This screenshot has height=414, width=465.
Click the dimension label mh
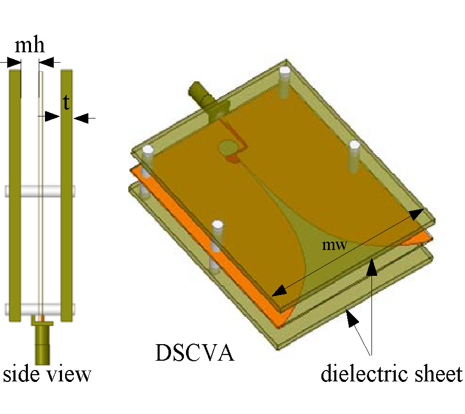(x=29, y=46)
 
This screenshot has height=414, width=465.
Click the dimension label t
(x=66, y=103)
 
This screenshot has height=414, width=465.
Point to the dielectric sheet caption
(x=391, y=374)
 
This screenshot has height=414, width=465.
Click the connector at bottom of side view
(x=42, y=342)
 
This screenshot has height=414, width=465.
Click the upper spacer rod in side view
(x=41, y=190)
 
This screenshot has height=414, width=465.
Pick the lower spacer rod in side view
(x=41, y=309)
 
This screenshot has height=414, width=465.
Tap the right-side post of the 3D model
(x=354, y=155)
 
